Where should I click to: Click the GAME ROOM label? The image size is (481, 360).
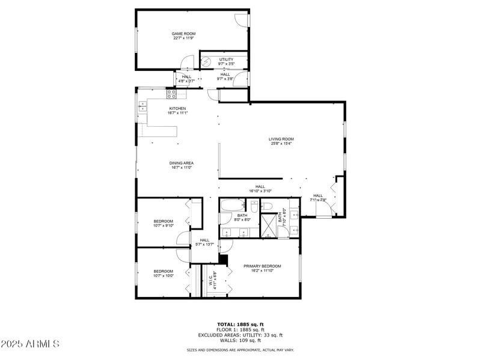183,34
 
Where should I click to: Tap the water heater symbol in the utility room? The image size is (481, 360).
206,61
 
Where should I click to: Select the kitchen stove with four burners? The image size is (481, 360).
171,94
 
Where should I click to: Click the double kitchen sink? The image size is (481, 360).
142,107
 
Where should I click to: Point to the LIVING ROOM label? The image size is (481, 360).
281,139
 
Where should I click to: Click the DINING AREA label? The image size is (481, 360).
181,163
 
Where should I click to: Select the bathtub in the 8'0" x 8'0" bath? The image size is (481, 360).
230,206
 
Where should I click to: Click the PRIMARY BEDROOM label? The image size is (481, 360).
262,266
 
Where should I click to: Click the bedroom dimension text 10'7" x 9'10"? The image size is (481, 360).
163,226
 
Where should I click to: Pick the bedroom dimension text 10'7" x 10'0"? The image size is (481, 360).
163,276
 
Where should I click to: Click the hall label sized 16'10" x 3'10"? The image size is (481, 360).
260,191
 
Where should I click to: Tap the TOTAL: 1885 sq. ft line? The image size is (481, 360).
240,324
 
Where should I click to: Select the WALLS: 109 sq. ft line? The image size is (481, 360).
240,340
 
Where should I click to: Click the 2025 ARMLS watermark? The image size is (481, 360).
30,344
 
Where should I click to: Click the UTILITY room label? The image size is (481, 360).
226,59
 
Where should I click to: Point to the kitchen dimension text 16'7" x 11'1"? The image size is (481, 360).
177,113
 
